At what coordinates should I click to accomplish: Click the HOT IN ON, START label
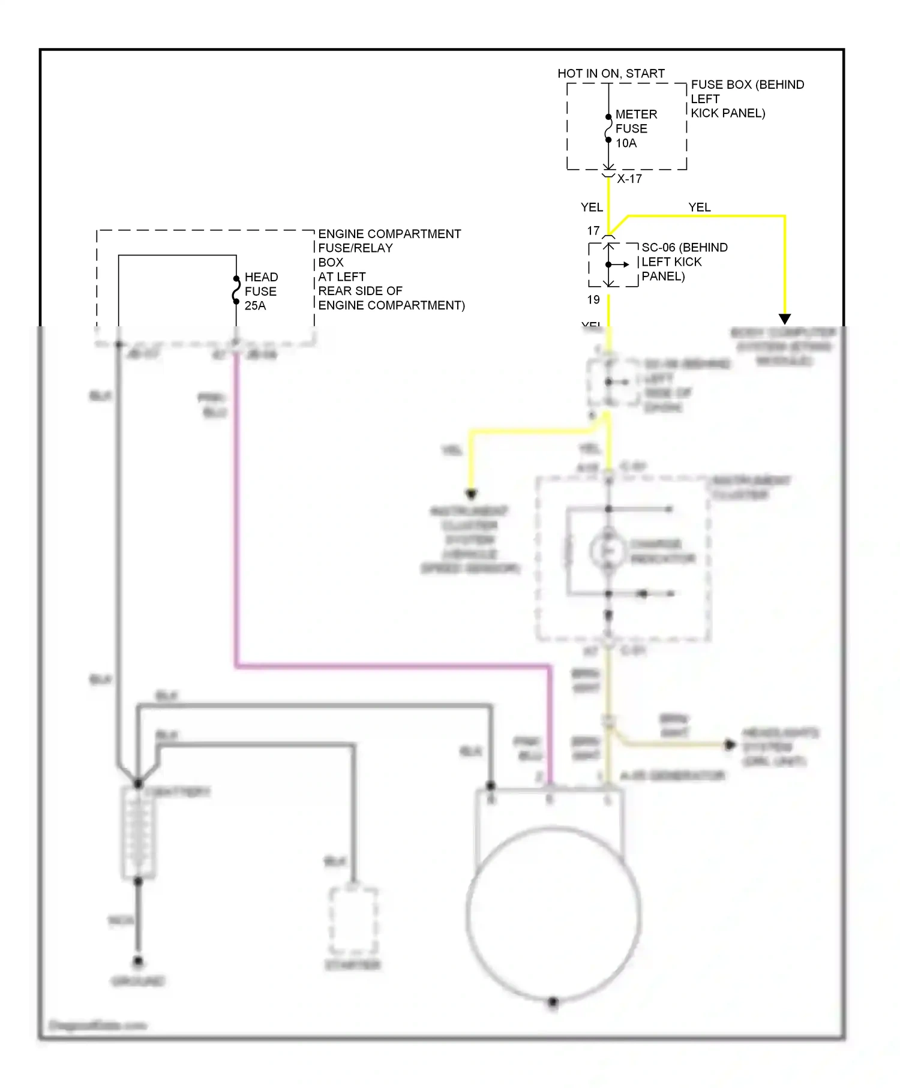pos(611,74)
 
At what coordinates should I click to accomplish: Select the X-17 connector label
pos(629,179)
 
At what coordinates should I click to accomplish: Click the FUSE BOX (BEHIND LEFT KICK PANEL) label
pos(746,99)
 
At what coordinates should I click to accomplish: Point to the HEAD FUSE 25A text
pos(261,291)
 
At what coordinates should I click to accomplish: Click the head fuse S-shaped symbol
pos(236,290)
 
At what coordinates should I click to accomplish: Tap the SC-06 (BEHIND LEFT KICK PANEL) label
pos(684,262)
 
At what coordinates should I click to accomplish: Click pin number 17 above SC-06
pos(593,231)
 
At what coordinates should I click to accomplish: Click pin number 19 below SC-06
pos(593,300)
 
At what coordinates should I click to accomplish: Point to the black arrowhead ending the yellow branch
pos(785,319)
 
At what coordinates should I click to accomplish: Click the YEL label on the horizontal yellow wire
pos(700,208)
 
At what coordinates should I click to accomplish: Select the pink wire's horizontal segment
pos(390,665)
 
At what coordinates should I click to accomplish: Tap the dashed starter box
pos(353,920)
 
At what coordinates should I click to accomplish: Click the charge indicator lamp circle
pos(608,551)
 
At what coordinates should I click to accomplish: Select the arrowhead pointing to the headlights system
pos(730,745)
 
